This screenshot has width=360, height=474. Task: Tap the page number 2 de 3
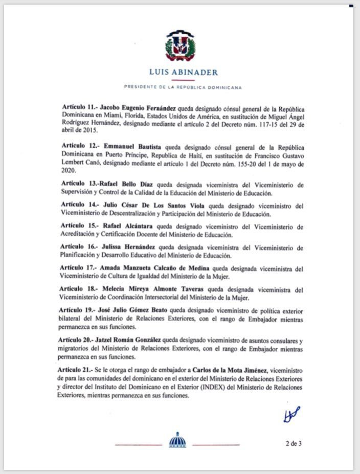[x=294, y=443]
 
